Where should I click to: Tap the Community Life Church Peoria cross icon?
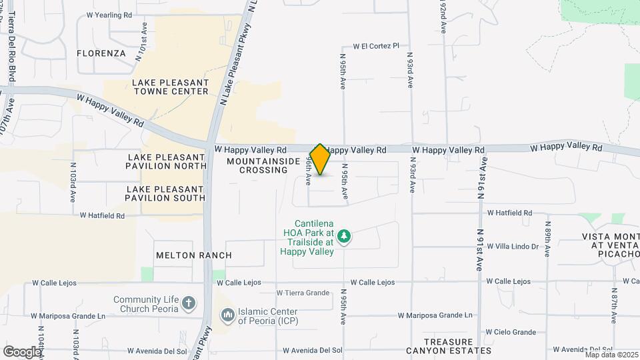(189, 304)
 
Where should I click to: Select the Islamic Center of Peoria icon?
(228, 314)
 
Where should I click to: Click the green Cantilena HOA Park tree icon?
(344, 236)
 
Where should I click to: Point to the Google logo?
(21, 351)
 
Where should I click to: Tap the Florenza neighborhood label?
(101, 53)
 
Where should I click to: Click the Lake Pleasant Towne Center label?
(171, 87)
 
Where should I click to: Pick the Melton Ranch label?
(193, 255)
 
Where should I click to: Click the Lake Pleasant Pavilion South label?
(166, 193)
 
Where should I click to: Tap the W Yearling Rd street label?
(110, 15)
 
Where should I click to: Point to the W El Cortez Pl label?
(375, 46)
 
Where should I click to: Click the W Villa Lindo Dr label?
(512, 247)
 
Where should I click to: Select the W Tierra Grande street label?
(303, 293)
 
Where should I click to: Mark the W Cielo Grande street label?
(511, 332)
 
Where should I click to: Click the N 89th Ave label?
(547, 239)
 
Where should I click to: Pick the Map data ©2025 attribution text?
(611, 355)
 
